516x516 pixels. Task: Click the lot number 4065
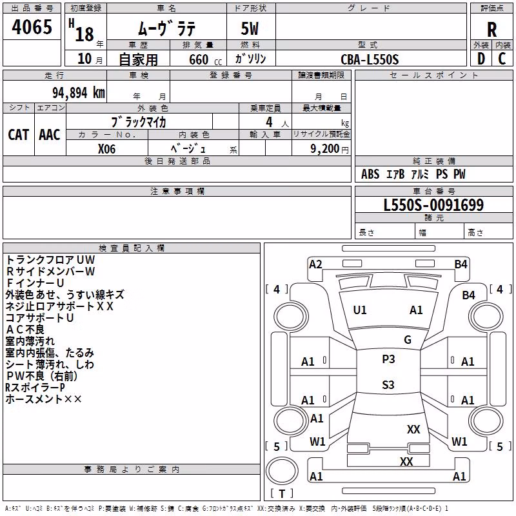(32, 26)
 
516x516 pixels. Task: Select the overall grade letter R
(491, 30)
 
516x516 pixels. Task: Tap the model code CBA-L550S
(370, 59)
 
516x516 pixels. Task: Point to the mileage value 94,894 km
(79, 93)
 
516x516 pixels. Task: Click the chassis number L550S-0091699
(433, 205)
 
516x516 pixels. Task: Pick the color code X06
(106, 149)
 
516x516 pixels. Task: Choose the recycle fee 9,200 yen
(330, 149)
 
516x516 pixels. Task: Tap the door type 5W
(250, 28)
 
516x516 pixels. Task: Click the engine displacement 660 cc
(205, 59)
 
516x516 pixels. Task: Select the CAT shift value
(18, 135)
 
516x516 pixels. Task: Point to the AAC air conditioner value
(50, 135)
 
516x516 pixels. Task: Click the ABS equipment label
(370, 174)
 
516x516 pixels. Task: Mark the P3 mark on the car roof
(388, 359)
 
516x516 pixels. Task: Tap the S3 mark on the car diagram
(388, 384)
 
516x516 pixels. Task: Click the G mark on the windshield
(408, 340)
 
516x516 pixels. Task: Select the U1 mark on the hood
(359, 310)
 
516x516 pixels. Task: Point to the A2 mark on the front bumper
(315, 264)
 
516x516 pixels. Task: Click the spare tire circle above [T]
(282, 471)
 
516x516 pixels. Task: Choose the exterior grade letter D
(481, 59)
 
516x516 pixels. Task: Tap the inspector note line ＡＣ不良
(25, 330)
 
